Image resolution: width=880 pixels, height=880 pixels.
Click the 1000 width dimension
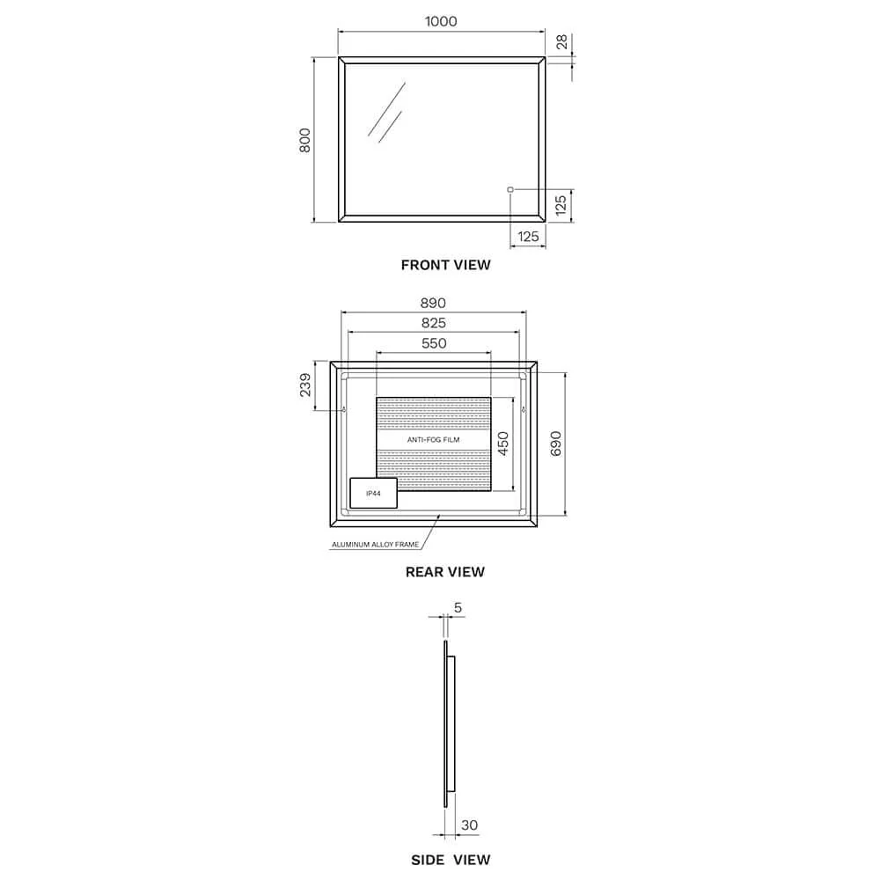[x=441, y=21]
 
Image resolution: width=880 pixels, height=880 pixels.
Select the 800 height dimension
[x=304, y=140]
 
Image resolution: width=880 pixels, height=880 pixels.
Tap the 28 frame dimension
[x=561, y=42]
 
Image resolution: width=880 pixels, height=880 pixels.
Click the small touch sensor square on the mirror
[x=510, y=190]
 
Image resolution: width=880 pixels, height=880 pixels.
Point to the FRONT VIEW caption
[x=445, y=265]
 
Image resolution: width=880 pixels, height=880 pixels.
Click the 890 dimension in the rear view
[x=433, y=303]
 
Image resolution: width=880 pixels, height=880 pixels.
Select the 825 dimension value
[x=433, y=323]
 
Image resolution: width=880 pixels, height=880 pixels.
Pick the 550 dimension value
[x=434, y=343]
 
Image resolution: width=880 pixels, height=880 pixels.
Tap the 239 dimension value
[x=304, y=385]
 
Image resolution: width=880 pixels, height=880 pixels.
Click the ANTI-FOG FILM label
[x=433, y=439]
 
